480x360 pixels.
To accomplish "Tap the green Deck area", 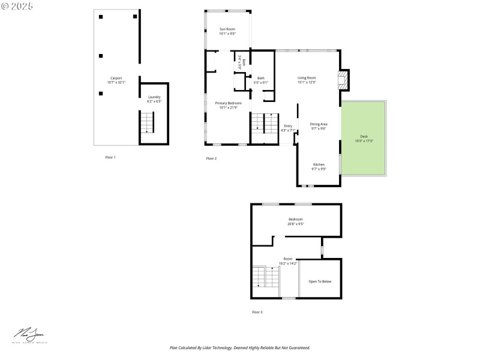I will tap(364, 139).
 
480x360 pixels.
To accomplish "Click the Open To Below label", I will tap(320, 281).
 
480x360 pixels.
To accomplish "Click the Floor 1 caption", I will tap(110, 157).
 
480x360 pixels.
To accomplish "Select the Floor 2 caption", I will tap(211, 158).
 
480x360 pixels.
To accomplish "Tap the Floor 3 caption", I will tap(257, 312).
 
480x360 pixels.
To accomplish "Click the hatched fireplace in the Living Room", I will tap(343, 80).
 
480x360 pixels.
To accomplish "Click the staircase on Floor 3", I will tap(265, 277).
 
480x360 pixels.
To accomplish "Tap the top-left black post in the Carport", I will tap(101, 17).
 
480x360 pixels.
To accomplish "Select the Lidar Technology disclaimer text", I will tap(240, 347).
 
